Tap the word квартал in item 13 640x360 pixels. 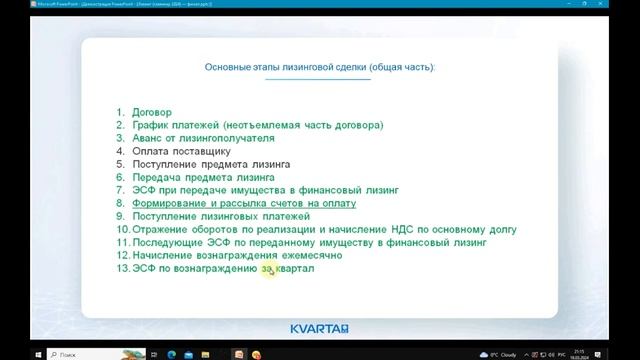(x=295, y=268)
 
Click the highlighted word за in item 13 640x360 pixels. (x=267, y=268)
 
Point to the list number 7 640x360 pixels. (x=121, y=190)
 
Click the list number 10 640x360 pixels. (x=122, y=229)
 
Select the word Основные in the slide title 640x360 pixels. (x=229, y=67)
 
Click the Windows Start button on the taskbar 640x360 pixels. (x=8, y=353)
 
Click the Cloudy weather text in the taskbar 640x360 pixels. (x=509, y=353)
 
